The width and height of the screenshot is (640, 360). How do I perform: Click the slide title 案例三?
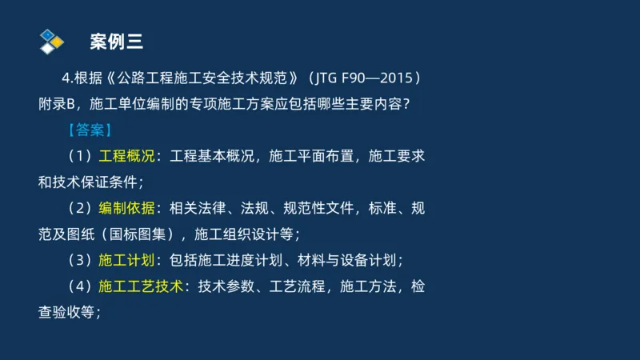117,42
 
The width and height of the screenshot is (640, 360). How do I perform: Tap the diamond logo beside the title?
51,41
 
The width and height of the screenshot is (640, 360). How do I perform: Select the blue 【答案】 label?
90,130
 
